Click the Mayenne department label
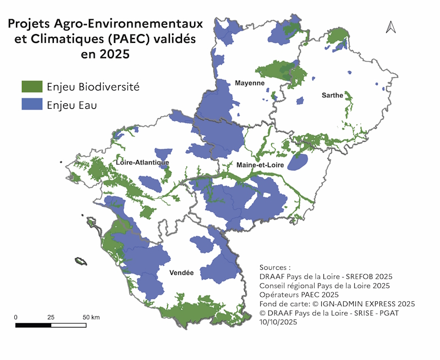[x=250, y=83]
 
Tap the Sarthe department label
[x=332, y=95]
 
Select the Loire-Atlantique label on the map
[x=142, y=163]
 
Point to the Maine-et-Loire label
[x=260, y=165]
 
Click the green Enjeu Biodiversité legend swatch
[x=32, y=87]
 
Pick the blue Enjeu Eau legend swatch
[x=32, y=104]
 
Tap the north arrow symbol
[x=391, y=26]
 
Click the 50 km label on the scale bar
[x=91, y=317]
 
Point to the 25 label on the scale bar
[x=51, y=317]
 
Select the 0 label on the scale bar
[x=16, y=317]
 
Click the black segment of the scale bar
[x=33, y=325]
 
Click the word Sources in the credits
[x=272, y=266]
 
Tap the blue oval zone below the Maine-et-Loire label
[x=298, y=162]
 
